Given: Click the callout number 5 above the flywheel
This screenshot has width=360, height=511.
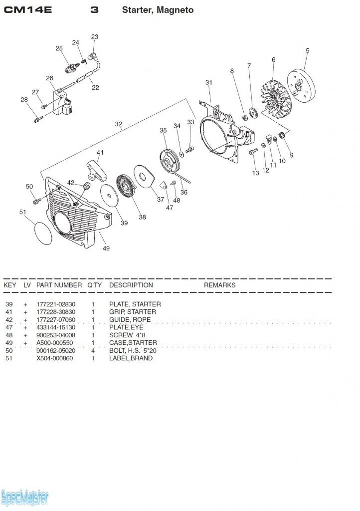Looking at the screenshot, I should click(308, 50).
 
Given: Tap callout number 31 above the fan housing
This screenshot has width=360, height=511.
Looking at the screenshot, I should click(209, 82).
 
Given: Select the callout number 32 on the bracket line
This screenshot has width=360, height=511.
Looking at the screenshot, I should click(118, 124).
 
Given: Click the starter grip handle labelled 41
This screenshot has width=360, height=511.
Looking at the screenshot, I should click(97, 170).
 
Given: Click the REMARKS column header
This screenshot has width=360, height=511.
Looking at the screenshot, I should click(219, 285).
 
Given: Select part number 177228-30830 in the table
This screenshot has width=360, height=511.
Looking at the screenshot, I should click(56, 312).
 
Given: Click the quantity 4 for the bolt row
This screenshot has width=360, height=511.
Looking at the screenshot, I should click(93, 350).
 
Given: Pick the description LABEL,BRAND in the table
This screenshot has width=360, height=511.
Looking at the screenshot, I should click(131, 358).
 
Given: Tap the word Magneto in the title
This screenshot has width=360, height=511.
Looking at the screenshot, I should click(176, 10).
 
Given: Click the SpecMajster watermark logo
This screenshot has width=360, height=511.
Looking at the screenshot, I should click(25, 497).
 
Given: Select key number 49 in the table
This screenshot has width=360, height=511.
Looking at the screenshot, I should click(9, 343).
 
